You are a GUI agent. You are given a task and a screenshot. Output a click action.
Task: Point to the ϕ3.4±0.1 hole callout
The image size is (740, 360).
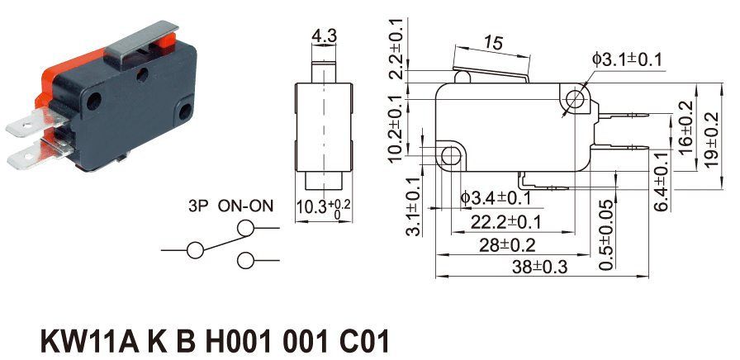[496, 197]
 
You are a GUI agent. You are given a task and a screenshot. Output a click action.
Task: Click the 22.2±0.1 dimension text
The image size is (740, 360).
[506, 221]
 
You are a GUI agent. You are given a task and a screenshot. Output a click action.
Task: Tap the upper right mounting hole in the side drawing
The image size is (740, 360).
[575, 101]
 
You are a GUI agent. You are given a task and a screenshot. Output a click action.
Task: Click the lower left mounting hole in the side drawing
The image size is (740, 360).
[451, 155]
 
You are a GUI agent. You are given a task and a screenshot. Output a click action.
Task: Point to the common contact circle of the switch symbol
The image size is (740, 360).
[197, 249]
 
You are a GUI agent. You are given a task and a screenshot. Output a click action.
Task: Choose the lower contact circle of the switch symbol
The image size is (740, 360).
[245, 261]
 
